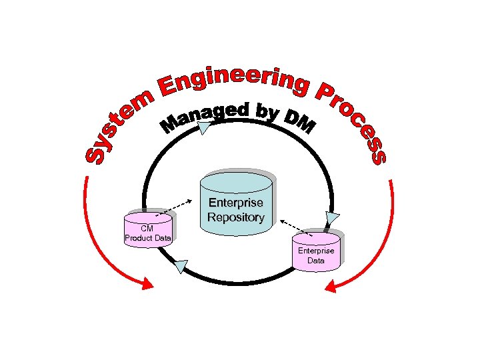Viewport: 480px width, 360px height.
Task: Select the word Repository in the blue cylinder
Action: [236, 217]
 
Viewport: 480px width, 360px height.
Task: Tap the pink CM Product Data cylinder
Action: [148, 231]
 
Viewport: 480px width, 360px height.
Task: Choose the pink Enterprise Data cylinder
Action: [316, 251]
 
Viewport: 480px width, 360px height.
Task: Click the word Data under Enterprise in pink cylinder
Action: [316, 261]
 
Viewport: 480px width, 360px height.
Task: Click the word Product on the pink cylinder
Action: [139, 238]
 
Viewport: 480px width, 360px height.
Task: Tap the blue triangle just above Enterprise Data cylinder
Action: [332, 219]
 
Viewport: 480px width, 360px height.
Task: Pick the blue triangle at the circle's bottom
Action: [180, 267]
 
